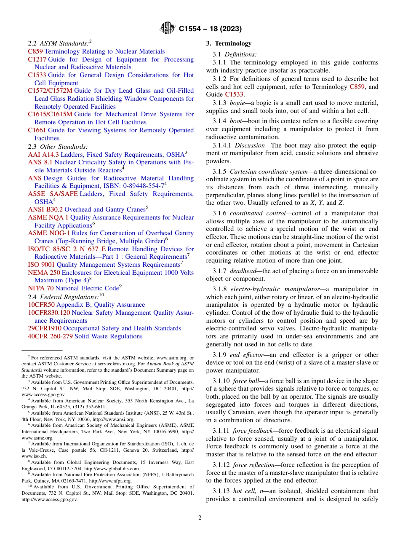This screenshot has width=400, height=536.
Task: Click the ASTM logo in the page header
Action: [168, 29]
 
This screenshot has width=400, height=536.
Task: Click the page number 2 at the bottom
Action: [200, 517]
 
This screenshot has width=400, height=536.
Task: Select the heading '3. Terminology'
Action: [229, 43]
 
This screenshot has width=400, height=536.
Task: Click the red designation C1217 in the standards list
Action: [37, 59]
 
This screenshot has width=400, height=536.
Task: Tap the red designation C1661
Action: [37, 130]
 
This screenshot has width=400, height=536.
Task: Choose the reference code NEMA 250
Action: [44, 273]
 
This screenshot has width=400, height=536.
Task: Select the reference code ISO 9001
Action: [41, 265]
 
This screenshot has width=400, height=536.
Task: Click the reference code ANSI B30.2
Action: [45, 209]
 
